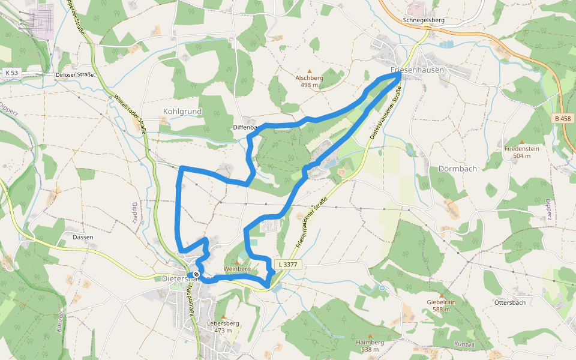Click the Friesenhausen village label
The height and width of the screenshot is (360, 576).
418,70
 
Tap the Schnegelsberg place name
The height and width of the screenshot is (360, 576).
424,20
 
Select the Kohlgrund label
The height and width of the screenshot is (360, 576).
182,111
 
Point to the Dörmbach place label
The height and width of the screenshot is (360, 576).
458,169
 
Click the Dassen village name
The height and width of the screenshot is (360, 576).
83,237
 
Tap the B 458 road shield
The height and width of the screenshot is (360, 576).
563,119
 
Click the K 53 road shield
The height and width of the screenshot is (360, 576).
11,73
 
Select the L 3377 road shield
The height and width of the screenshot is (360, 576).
288,264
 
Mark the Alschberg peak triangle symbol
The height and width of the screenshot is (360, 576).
310,71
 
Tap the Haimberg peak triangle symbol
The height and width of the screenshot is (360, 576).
370,336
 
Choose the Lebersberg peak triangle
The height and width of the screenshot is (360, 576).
223,316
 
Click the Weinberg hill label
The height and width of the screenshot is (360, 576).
237,269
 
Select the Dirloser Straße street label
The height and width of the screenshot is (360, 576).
75,75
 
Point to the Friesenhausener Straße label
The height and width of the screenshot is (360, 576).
312,223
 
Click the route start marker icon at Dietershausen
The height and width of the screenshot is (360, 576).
197,275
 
